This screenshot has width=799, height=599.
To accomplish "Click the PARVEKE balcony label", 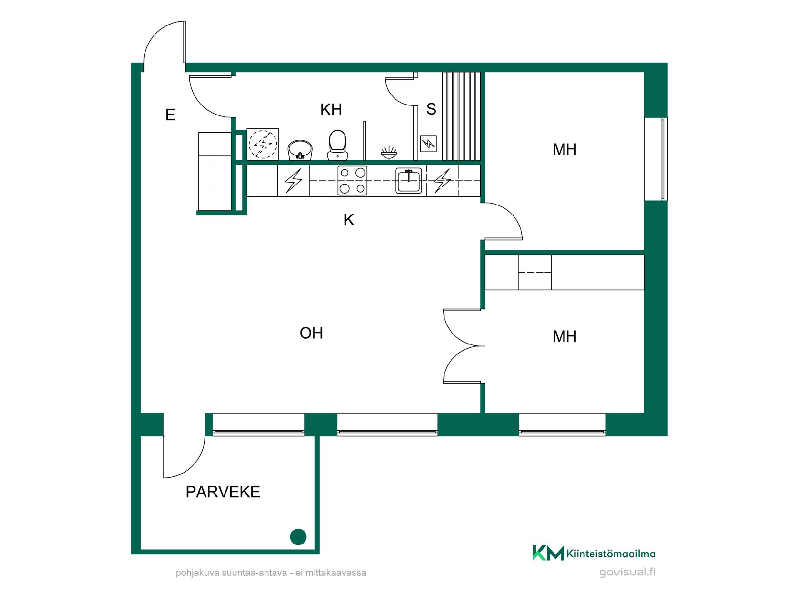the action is pos(223,492).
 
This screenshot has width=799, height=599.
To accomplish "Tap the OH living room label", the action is pos(311,333).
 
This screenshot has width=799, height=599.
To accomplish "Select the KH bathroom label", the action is pos(331,109).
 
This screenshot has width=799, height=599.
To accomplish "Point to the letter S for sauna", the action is pos(431,109).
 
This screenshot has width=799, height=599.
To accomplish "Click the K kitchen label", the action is pos(349,220).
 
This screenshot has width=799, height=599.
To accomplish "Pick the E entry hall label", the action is pos(170,114).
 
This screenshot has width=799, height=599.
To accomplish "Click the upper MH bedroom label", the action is pos(565,149).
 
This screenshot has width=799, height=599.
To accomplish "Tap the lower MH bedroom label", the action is pos(565,336).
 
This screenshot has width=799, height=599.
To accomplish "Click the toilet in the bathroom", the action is pos(337,145).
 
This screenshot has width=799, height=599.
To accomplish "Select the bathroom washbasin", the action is pos(300,149).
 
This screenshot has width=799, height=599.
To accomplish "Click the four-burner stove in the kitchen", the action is pos(352,181).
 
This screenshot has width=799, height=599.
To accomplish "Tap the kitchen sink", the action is pos(409,181).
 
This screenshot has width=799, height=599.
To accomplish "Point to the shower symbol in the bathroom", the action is pos(389,152).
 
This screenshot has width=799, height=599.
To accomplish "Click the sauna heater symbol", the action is pos(428,144).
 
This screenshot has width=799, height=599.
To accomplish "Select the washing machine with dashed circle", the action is pos(263,144).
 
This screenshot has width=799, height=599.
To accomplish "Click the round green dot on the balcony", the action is pos(298,537).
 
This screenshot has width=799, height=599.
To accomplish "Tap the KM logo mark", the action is pos(548,553).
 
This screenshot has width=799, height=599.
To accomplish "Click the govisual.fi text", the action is pos(628,572).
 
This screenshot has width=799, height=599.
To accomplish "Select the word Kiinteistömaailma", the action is pos(611,554).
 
